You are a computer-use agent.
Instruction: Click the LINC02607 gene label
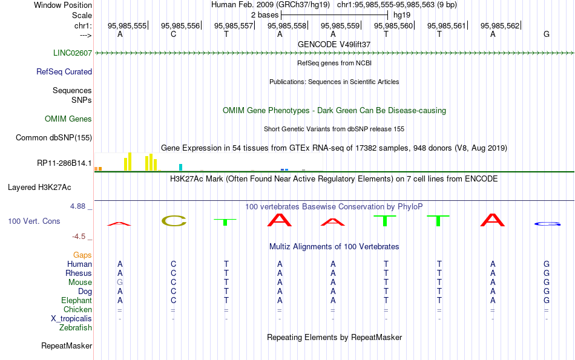click(73, 53)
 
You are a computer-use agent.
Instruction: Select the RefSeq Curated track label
click(64, 71)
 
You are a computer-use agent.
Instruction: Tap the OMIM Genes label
click(68, 119)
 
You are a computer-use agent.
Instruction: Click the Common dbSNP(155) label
click(54, 137)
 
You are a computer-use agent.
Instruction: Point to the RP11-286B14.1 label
click(65, 163)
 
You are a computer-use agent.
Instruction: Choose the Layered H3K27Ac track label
click(39, 188)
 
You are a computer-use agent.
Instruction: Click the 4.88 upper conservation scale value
click(77, 206)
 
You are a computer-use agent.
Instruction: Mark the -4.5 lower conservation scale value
click(79, 237)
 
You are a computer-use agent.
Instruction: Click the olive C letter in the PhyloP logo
click(174, 221)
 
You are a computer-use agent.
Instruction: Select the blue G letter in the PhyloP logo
click(547, 224)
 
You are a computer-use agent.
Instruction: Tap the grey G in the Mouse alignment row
click(120, 283)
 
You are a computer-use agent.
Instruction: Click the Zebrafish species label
click(76, 328)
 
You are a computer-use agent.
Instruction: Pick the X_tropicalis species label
click(71, 319)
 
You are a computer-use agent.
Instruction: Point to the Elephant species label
click(77, 300)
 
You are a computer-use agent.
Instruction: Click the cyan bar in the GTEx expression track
click(180, 167)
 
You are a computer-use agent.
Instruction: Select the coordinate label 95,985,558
click(287, 25)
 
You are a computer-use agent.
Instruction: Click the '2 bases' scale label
click(264, 15)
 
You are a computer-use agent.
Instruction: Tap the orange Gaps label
click(82, 255)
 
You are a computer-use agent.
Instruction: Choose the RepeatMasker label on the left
click(67, 345)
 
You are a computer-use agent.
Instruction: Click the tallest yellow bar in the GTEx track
click(130, 162)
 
